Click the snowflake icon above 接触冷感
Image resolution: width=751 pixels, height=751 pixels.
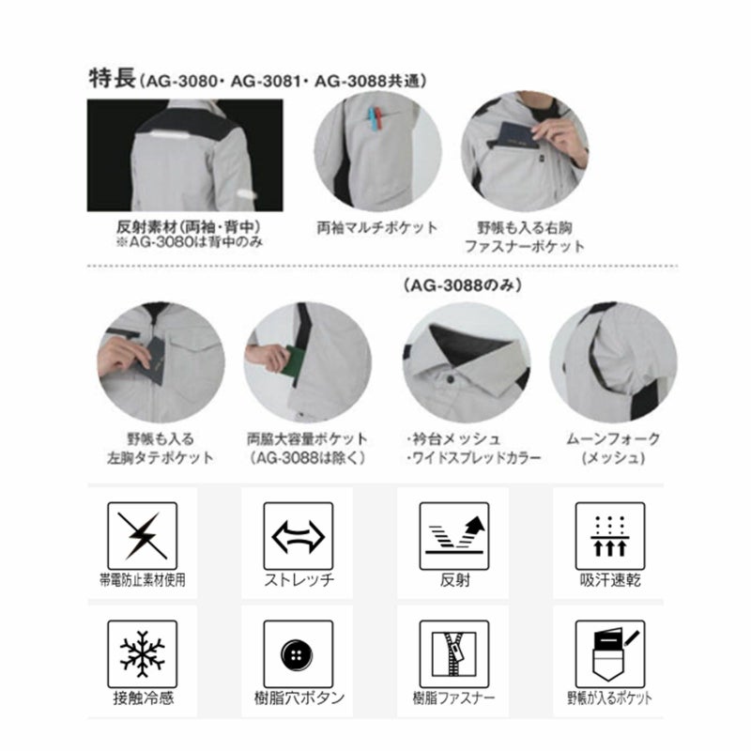pos(143,653)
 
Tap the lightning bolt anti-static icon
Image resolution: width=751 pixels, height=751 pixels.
pos(143,536)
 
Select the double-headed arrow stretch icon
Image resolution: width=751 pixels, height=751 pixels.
pos(298,536)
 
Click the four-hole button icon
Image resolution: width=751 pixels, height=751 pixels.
pos(297,654)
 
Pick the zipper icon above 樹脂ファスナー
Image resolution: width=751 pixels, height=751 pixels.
pos(454,653)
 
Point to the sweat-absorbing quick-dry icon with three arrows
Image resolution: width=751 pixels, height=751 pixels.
pos(609,536)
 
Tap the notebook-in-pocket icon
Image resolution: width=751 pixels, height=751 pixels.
pos(611,654)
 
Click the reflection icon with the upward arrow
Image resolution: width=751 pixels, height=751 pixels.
pos(454,535)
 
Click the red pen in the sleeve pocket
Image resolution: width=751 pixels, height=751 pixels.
pos(378,119)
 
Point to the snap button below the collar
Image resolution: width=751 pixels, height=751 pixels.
pos(450,379)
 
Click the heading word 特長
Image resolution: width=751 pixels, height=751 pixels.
pos(113,78)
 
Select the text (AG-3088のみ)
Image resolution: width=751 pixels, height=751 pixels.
pos(463,286)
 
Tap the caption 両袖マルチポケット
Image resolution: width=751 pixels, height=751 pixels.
pos(377,227)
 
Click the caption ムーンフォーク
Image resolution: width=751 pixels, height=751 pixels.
pos(613,438)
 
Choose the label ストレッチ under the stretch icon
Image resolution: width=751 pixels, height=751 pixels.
pos(299,580)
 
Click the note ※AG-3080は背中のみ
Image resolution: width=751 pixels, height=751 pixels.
pos(190,242)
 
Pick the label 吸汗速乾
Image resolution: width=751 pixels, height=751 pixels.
pos(610,580)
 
